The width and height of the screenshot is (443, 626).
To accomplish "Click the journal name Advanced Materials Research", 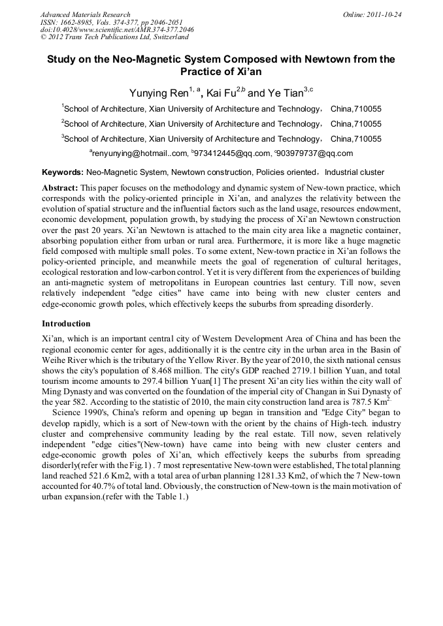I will point(85,14).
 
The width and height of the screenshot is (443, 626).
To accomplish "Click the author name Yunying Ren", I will point(159,93).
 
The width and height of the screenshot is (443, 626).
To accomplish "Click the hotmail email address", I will point(138,153).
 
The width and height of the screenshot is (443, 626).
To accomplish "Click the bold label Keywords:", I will point(62,172).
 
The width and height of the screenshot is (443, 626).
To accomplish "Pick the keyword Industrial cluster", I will point(354,172).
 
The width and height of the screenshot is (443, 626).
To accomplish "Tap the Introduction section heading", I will point(66,324).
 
